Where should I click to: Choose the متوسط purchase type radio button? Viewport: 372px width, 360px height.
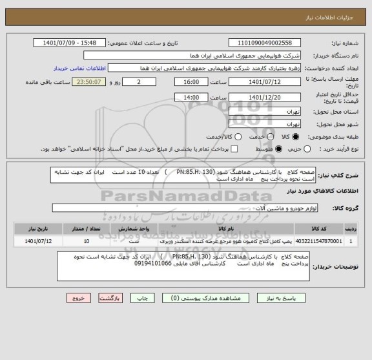coord(279,149)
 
